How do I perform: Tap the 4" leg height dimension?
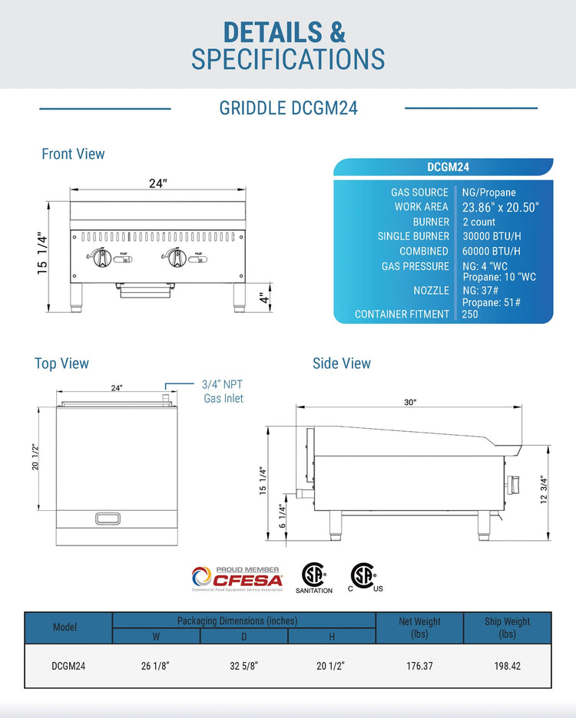pyautogui.click(x=262, y=298)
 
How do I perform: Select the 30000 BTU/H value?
pyautogui.click(x=491, y=236)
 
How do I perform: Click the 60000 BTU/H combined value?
pyautogui.click(x=491, y=251)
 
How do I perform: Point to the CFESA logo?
pyautogui.click(x=237, y=578)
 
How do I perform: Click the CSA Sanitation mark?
pyautogui.click(x=313, y=578)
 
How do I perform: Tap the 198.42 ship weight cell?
pyautogui.click(x=507, y=666)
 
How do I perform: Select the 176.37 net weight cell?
pyautogui.click(x=419, y=666)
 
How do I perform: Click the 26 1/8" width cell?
pyautogui.click(x=156, y=666)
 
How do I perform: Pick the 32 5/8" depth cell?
pyautogui.click(x=244, y=666)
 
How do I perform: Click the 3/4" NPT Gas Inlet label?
pyautogui.click(x=223, y=390)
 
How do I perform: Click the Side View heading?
pyautogui.click(x=341, y=364)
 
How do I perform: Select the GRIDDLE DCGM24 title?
pyautogui.click(x=288, y=108)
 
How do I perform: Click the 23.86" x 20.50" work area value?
pyautogui.click(x=501, y=207)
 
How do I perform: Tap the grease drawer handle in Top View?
pyautogui.click(x=108, y=519)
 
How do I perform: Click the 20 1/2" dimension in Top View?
pyautogui.click(x=34, y=459)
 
